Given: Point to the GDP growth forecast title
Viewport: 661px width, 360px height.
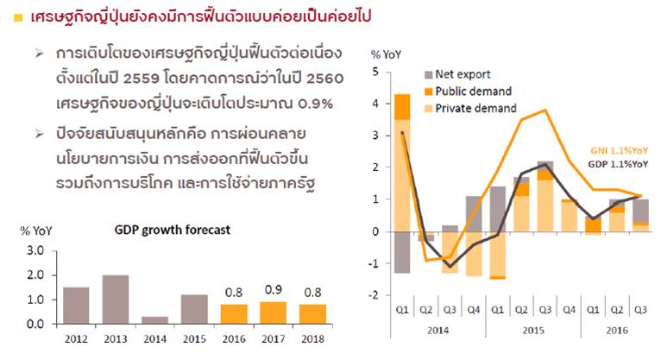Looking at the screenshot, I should [x=164, y=231].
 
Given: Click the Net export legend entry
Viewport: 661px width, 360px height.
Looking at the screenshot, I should [x=456, y=75].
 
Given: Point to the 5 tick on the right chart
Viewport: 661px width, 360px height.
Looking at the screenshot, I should [x=375, y=72].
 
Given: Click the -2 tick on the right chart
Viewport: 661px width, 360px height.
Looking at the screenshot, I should [x=373, y=295].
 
